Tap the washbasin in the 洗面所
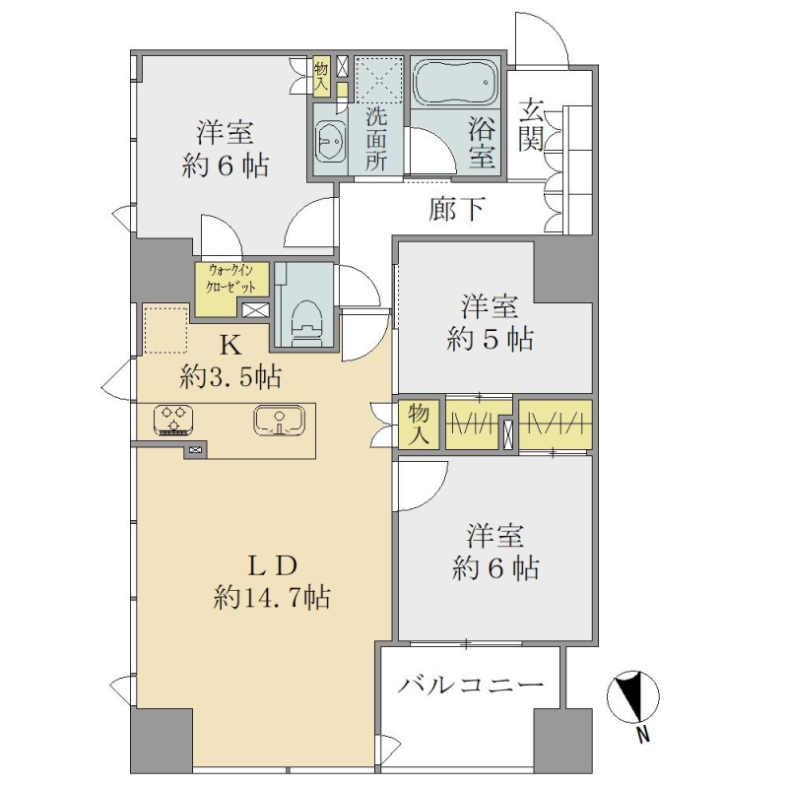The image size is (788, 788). coord(330,141)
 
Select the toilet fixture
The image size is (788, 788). coord(304,319)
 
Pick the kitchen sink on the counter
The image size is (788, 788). coord(279,420)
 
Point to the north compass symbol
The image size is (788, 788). coord(632,696)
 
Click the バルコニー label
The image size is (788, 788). coord(471,684)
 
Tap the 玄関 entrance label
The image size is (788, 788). coord(531,125)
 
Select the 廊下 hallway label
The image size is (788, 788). coord(457,209)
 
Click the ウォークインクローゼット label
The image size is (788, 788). coord(231,279)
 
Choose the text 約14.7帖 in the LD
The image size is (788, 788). coord(272,597)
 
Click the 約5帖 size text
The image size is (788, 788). coord(490,339)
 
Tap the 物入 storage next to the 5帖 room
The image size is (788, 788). coord(418,425)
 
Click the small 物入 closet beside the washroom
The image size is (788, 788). coord(320,76)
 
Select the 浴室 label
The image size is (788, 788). coord(482,142)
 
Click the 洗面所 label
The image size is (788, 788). coord(376,139)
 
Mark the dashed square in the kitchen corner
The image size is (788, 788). coord(166,330)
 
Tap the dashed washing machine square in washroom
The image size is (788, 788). coord(379,79)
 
